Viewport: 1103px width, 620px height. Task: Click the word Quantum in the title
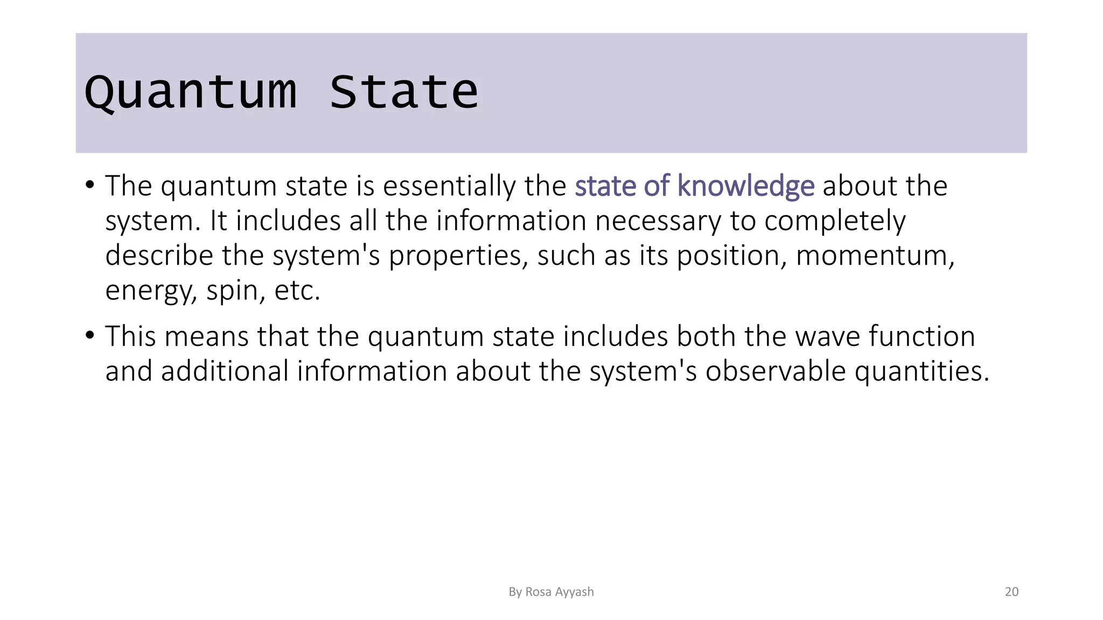(191, 93)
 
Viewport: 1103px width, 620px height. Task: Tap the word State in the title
(403, 93)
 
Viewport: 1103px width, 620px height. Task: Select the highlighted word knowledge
(745, 186)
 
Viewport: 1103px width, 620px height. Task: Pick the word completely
(835, 221)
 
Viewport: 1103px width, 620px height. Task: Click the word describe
(159, 256)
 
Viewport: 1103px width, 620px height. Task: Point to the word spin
(235, 291)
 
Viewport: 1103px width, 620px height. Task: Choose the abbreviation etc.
(297, 291)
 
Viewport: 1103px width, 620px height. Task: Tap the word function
(922, 336)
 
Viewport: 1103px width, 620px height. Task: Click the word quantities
(922, 372)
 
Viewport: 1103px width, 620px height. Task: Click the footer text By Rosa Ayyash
(551, 592)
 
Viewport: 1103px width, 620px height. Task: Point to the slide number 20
(1011, 592)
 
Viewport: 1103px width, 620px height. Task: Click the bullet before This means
(90, 336)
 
